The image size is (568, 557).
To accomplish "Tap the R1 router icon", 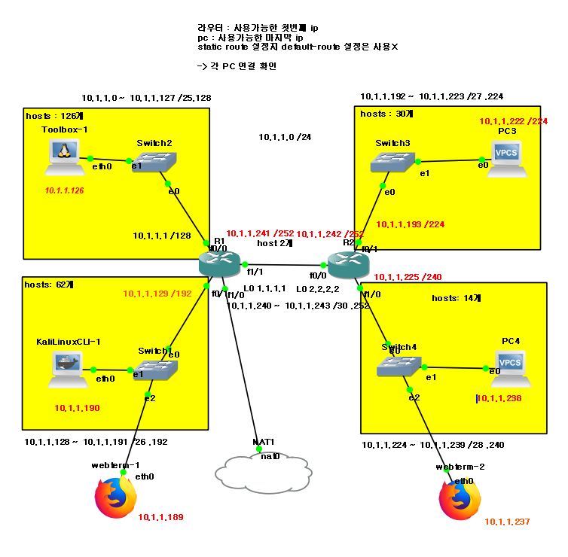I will click(218, 263).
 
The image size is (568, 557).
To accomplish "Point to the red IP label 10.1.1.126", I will click(64, 191).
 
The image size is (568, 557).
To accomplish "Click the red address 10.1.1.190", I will click(77, 408).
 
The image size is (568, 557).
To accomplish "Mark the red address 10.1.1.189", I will click(160, 517).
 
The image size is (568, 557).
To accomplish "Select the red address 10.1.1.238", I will click(499, 399).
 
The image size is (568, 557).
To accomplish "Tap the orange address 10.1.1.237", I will click(507, 522).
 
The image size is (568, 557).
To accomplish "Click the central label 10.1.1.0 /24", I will click(285, 137).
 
